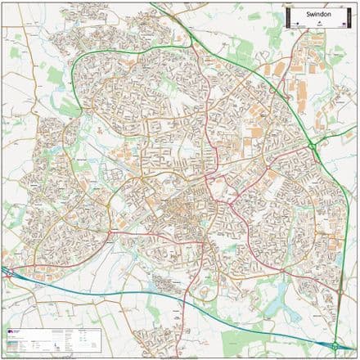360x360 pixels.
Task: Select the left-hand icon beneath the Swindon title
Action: (299, 25)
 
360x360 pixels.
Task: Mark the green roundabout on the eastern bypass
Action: (313, 146)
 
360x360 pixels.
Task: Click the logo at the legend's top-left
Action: (10, 331)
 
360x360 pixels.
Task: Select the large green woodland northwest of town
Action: (55, 76)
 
